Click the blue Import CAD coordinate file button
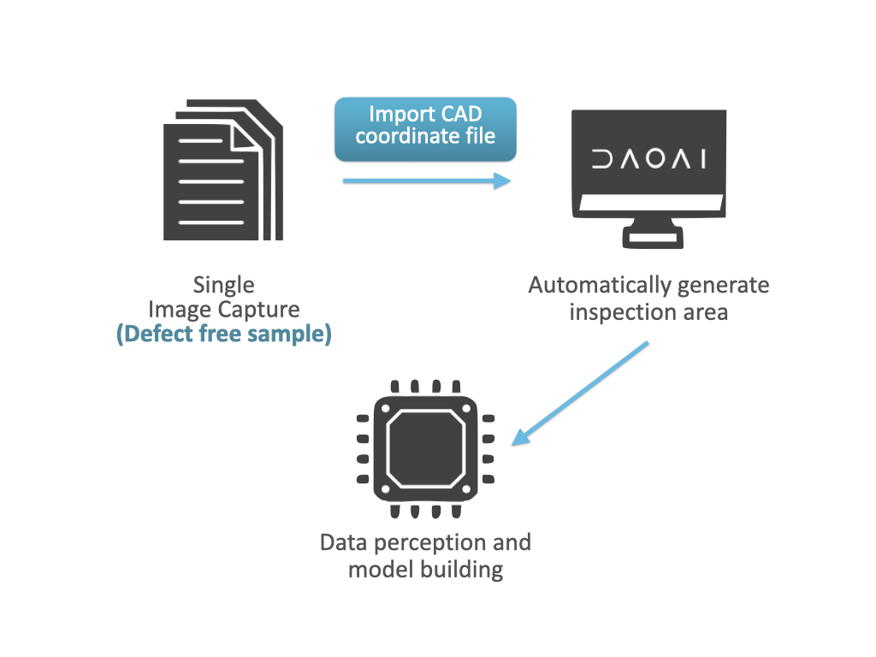point(425,128)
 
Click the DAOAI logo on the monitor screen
point(648,159)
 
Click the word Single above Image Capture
point(223,285)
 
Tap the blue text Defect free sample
point(223,334)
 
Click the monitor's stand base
point(653,239)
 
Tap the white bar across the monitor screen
point(650,204)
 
